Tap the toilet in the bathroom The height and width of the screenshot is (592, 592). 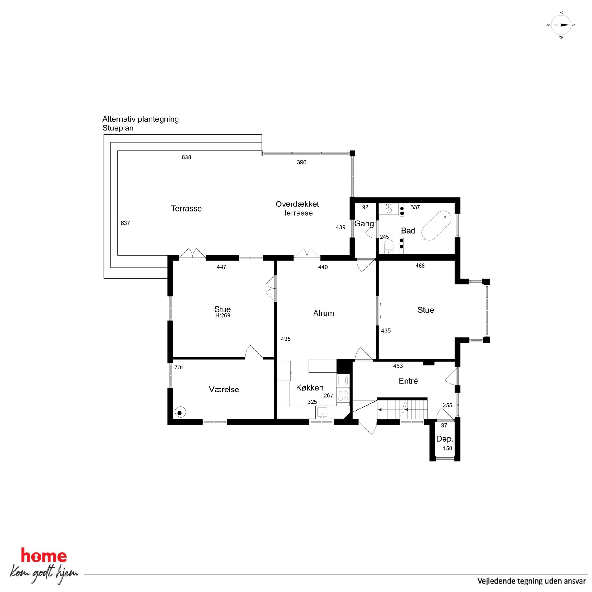point(388,247)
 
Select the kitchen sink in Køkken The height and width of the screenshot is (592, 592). point(322,412)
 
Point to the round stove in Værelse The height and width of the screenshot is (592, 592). point(180,413)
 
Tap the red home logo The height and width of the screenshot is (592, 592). point(44,556)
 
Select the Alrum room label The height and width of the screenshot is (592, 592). point(323,313)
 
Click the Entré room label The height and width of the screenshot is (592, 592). point(408,381)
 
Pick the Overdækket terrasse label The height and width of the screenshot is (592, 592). point(297,208)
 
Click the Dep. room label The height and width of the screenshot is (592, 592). point(445,439)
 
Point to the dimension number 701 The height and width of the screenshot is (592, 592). point(179,367)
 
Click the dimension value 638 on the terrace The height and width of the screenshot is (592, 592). point(186,157)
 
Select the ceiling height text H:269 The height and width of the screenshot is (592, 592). point(223,316)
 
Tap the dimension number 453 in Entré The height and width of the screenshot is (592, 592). point(398,366)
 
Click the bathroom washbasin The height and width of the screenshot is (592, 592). point(389,209)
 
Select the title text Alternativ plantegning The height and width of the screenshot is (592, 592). point(141,119)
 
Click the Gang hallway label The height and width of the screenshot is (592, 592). point(364,224)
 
